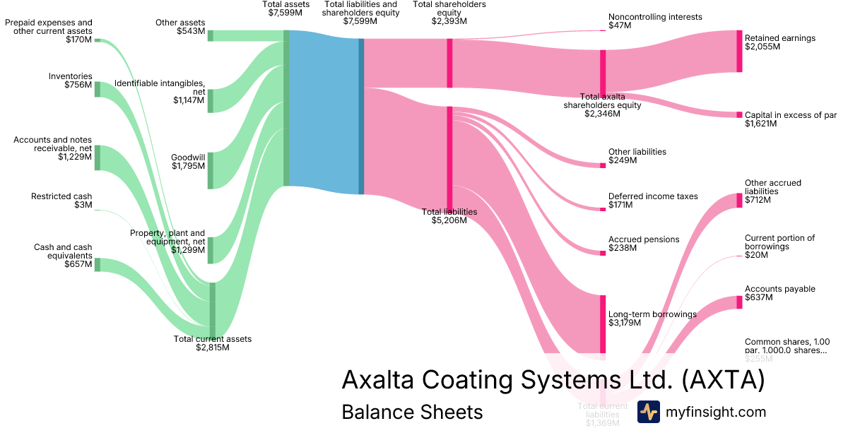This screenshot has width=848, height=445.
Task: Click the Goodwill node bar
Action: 210,170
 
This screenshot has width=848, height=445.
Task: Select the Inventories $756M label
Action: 71,81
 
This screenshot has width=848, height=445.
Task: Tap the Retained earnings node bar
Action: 739,51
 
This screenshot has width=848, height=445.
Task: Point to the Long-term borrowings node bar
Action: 603,323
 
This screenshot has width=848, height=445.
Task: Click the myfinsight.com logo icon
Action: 648,412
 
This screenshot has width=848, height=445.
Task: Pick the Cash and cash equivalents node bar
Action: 98,265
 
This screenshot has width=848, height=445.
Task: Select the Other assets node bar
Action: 210,35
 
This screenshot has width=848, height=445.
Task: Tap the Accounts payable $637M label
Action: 779,293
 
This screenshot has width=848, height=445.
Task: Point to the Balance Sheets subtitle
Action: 412,412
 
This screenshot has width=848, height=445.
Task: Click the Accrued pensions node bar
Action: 603,253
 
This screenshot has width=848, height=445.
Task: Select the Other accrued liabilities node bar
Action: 739,200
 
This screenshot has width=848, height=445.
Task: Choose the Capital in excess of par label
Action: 790,119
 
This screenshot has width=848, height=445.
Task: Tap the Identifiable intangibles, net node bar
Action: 210,101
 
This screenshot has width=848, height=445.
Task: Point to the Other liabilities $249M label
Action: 637,156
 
